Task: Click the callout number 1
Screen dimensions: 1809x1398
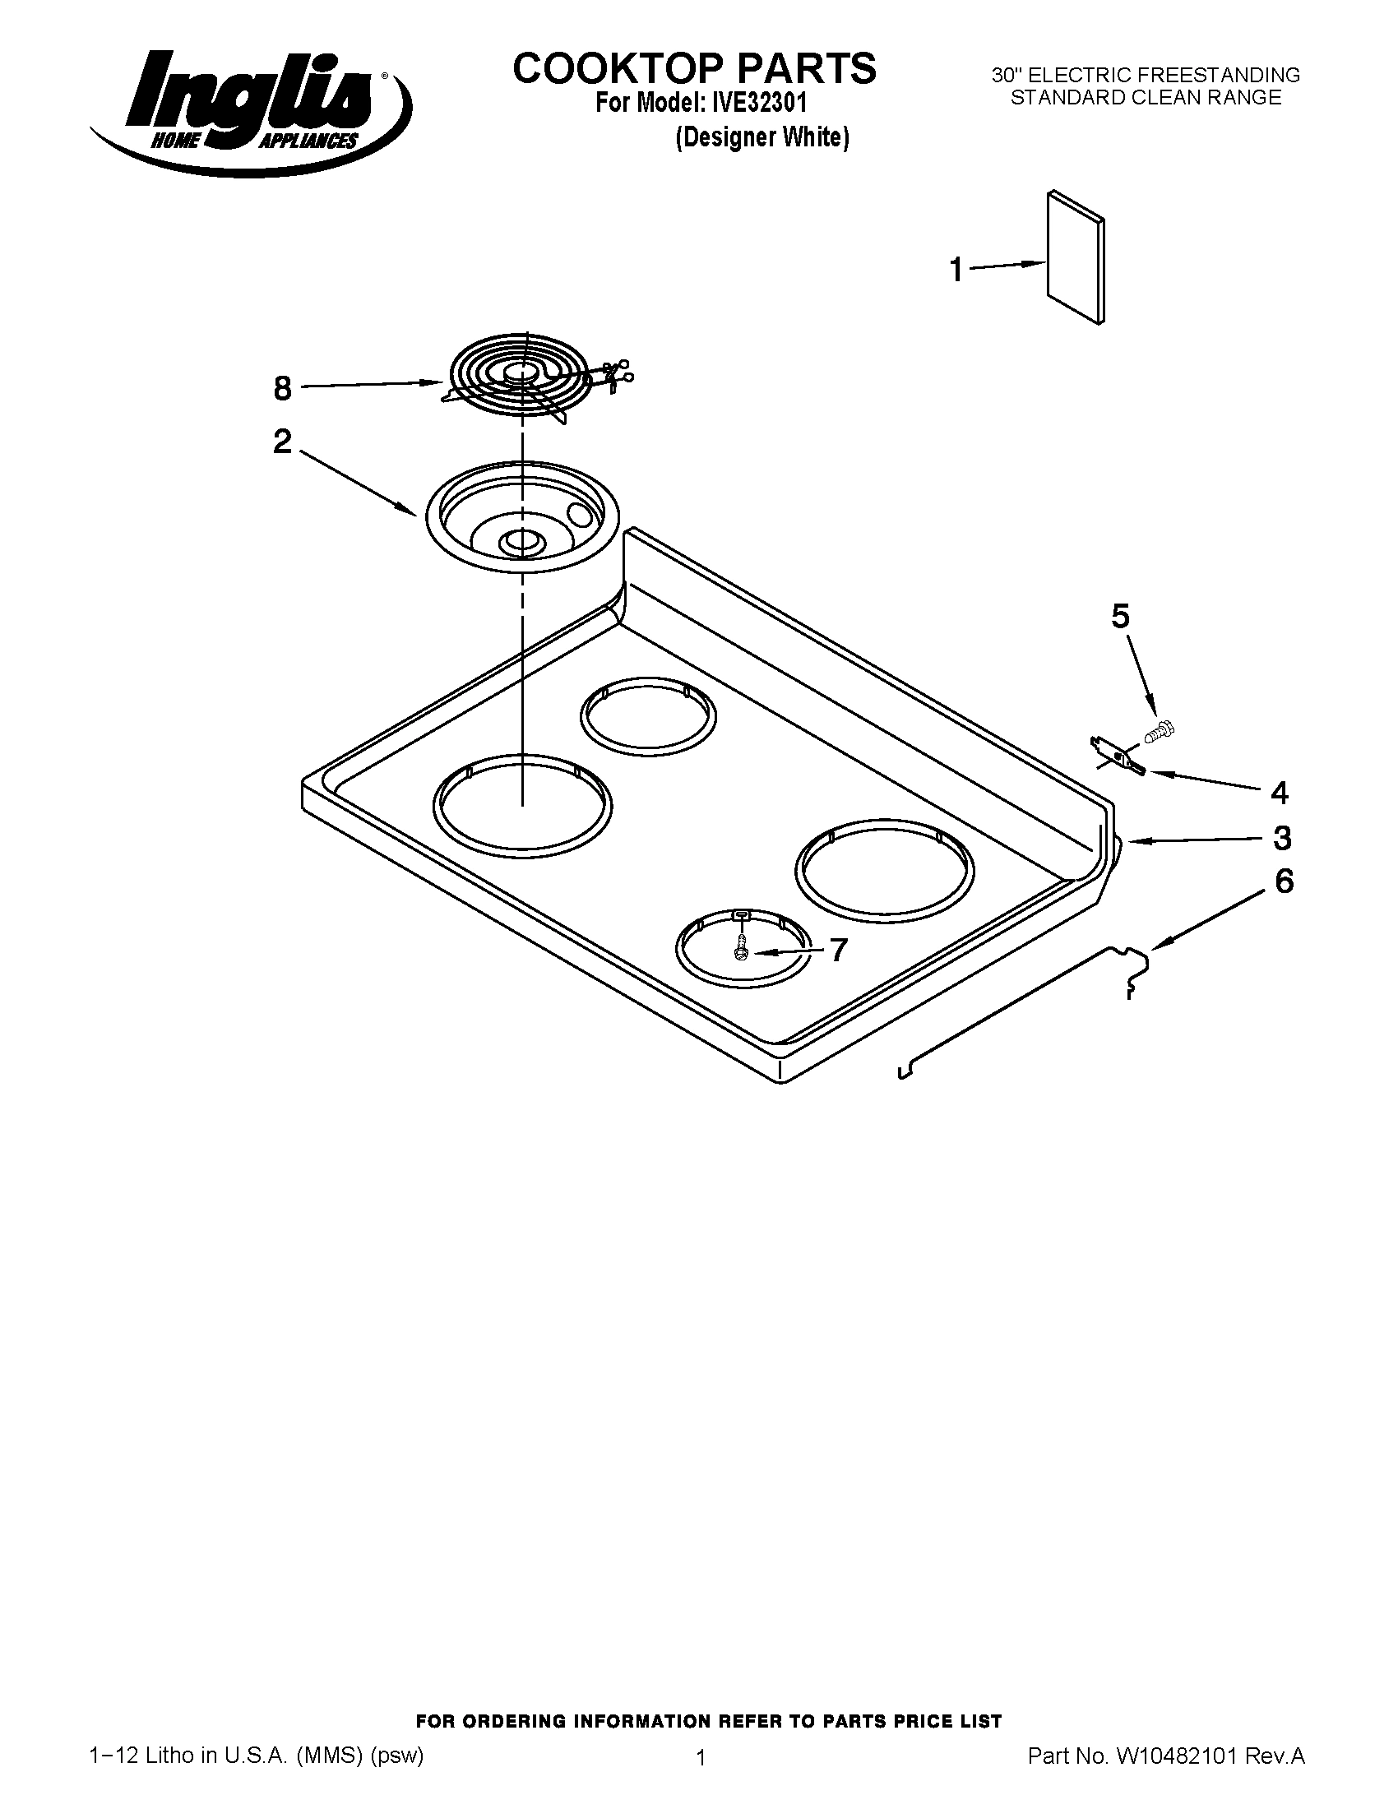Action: point(956,270)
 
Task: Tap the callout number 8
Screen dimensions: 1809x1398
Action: point(282,388)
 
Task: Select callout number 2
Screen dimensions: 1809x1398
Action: point(282,442)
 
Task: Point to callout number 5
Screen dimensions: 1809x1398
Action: point(1120,616)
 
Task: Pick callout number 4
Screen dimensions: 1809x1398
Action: point(1279,793)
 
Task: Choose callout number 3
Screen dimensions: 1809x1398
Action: point(1281,838)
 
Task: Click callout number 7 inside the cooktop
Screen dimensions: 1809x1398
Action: point(838,950)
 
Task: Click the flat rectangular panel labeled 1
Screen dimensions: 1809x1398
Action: point(1075,257)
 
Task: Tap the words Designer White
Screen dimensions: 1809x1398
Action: point(762,136)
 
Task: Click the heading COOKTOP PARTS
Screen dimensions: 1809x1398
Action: point(694,68)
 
